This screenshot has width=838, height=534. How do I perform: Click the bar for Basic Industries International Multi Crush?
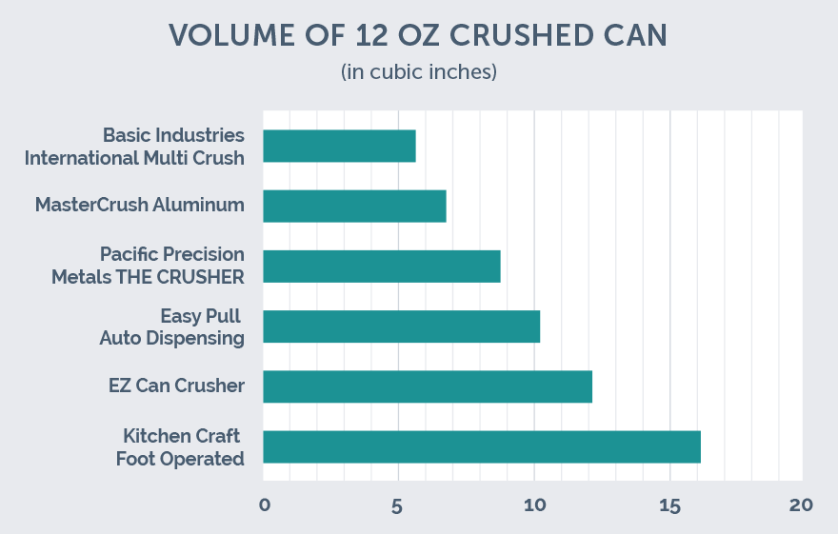(339, 146)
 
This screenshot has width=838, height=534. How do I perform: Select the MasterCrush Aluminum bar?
(354, 206)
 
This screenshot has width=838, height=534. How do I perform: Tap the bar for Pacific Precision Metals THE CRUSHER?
(381, 267)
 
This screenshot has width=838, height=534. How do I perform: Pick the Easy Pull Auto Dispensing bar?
(401, 326)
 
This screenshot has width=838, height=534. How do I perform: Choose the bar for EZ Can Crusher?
(428, 386)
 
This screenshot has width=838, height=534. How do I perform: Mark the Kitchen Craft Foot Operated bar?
(482, 446)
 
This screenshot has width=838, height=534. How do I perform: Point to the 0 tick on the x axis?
(264, 504)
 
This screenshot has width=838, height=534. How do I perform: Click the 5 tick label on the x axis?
(398, 504)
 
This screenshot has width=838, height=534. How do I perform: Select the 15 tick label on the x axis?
(669, 504)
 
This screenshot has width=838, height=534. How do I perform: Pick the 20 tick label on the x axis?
(802, 504)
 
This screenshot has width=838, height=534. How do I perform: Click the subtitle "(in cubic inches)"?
(419, 72)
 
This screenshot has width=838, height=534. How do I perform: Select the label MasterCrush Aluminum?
(140, 205)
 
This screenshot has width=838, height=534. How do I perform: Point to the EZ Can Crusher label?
(176, 386)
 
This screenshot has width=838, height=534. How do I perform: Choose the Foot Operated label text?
(180, 458)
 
